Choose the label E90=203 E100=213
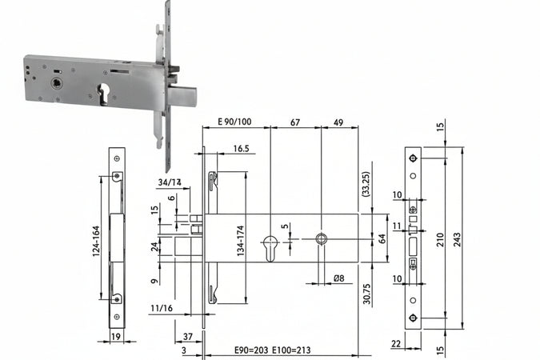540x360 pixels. click(269, 350)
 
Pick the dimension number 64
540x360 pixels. click(383, 238)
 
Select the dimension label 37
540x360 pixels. click(188, 335)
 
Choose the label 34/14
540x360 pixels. click(170, 182)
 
